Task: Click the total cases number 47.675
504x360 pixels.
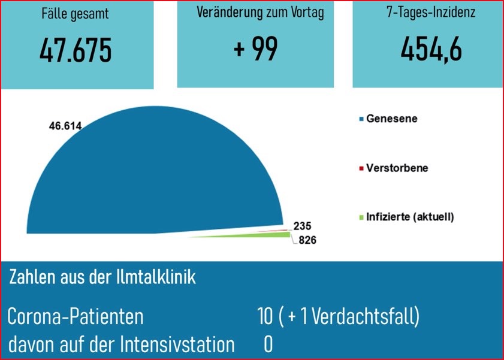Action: pyautogui.click(x=76, y=51)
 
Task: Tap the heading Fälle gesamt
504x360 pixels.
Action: pyautogui.click(x=76, y=14)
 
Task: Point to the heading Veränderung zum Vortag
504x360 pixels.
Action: pyautogui.click(x=260, y=13)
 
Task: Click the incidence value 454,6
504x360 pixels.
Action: pyautogui.click(x=431, y=49)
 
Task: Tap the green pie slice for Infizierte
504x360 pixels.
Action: pyautogui.click(x=264, y=235)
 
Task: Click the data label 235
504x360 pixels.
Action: pyautogui.click(x=303, y=226)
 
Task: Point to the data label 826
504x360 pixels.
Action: pyautogui.click(x=304, y=240)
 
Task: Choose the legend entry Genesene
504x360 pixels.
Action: pyautogui.click(x=392, y=119)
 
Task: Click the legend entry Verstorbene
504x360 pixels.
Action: pyautogui.click(x=397, y=168)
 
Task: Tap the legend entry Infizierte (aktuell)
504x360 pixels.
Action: pyautogui.click(x=410, y=216)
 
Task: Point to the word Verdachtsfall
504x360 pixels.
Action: pyautogui.click(x=366, y=316)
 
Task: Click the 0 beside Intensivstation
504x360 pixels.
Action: pyautogui.click(x=268, y=344)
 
